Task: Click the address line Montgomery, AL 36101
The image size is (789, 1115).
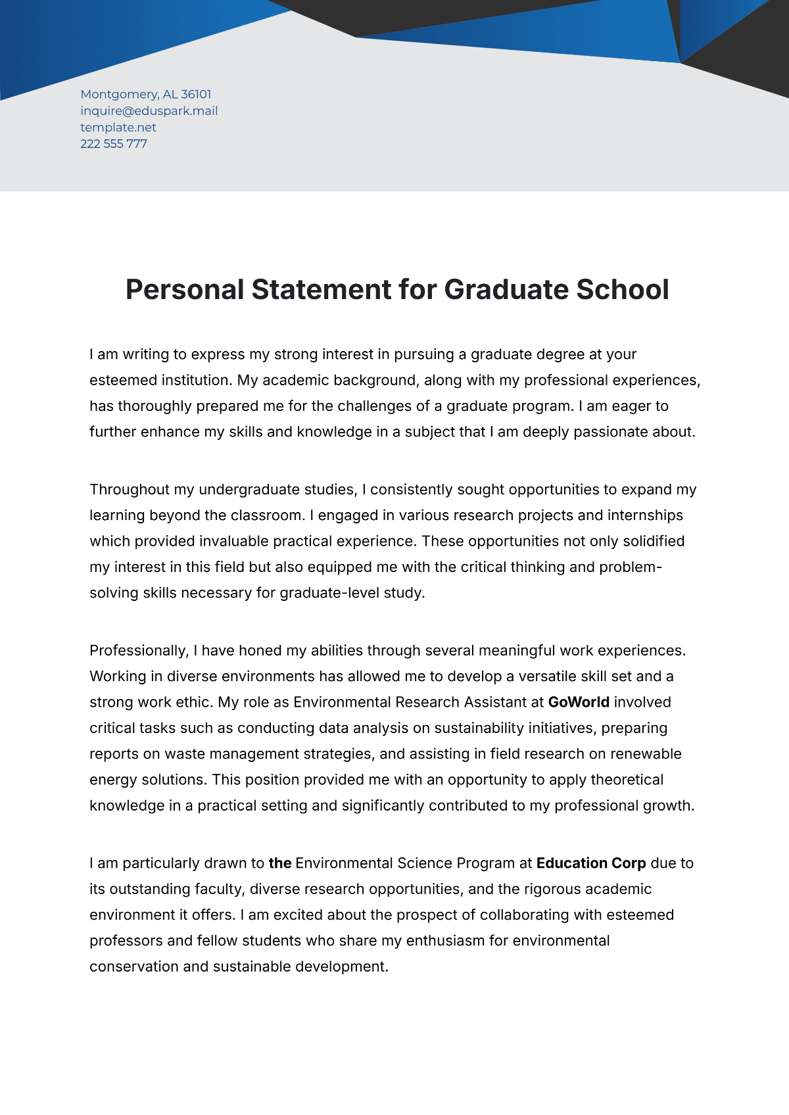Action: [145, 94]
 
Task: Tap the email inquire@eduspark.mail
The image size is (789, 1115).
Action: [149, 110]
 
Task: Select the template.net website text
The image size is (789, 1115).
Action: [118, 128]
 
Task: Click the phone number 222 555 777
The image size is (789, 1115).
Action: [114, 144]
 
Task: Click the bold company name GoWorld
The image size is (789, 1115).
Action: [579, 702]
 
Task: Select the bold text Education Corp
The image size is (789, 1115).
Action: [591, 863]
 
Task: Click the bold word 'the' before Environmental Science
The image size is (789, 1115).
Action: [279, 863]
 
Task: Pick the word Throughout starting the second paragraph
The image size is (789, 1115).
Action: [130, 490]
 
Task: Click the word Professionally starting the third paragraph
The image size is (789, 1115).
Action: [139, 651]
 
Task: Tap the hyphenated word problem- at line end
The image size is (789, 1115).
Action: [630, 567]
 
